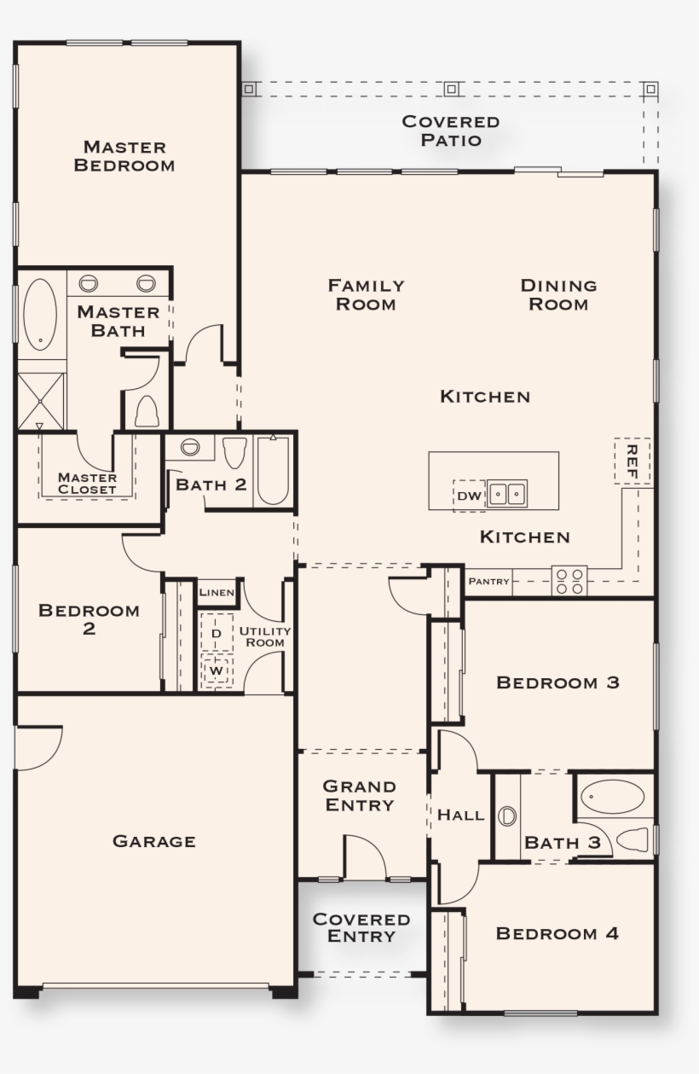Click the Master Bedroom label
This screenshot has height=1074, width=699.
[124, 156]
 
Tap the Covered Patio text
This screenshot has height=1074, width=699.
[451, 131]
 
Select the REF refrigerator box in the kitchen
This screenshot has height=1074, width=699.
[632, 461]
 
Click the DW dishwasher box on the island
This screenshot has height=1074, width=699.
[468, 496]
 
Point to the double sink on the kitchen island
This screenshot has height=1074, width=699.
[506, 494]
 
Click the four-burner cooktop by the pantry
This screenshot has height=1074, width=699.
[569, 581]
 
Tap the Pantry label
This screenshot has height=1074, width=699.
[488, 582]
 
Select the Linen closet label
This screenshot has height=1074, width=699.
[217, 592]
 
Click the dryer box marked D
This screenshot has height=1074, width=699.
[217, 633]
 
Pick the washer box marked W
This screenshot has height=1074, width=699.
[217, 671]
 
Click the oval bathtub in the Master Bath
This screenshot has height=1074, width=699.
[39, 314]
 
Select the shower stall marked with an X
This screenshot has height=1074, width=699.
[41, 394]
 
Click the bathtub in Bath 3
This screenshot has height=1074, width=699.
[612, 797]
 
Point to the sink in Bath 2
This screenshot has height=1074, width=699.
[189, 447]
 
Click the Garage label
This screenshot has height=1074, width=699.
[154, 841]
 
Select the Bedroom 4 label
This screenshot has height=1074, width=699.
[557, 933]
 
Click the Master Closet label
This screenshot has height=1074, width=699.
[87, 483]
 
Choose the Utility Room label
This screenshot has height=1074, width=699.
[264, 636]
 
